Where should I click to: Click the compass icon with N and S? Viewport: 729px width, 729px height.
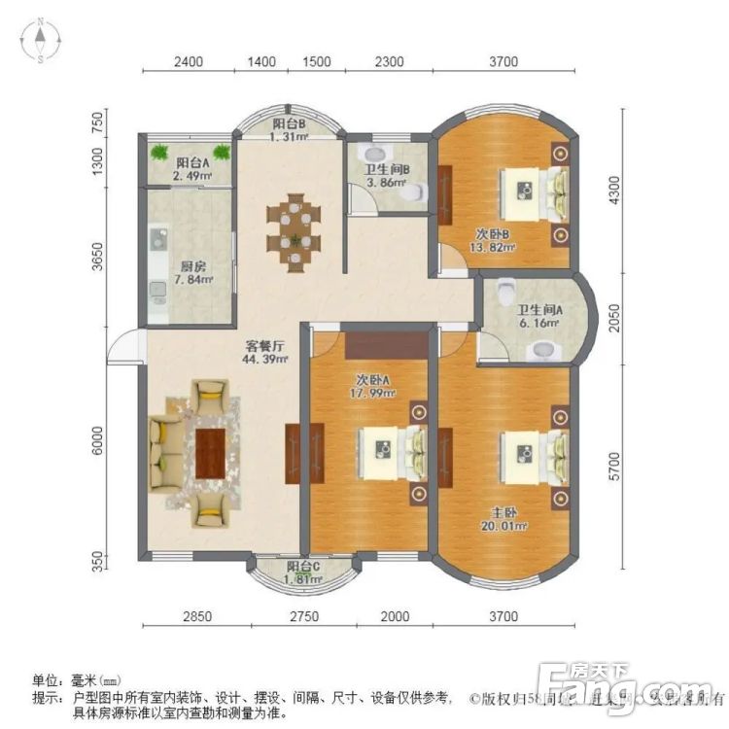click(x=40, y=41)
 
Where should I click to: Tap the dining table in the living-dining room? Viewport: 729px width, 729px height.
click(x=292, y=230)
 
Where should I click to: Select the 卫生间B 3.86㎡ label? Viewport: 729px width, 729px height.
click(x=388, y=175)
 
